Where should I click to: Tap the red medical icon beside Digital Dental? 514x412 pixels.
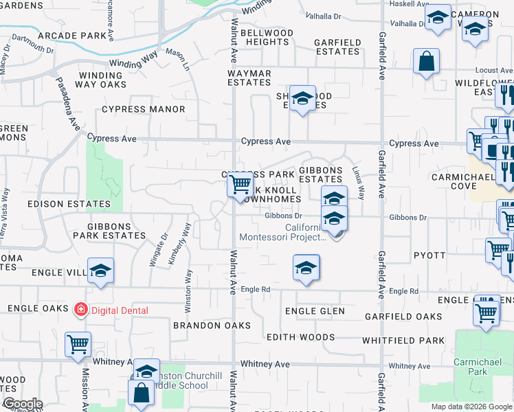click(81, 310)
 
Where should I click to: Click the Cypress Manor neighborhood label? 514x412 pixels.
click(143, 109)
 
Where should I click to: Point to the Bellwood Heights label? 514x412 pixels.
click(267, 37)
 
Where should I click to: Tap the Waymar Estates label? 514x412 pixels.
click(249, 78)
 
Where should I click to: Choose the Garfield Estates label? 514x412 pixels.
click(337, 47)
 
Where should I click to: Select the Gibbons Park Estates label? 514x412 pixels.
click(116, 231)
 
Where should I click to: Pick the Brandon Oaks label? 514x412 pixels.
click(212, 325)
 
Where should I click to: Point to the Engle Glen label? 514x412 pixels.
click(315, 312)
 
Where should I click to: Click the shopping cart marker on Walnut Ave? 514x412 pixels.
click(240, 184)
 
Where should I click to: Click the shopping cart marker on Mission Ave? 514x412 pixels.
click(78, 344)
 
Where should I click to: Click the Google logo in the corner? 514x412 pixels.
click(22, 404)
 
